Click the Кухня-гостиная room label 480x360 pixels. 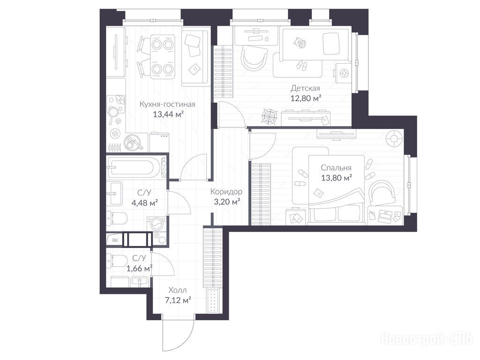(x=167, y=105)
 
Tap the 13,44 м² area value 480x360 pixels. (x=168, y=114)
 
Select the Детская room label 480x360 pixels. (x=305, y=89)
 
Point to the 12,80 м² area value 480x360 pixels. (x=306, y=98)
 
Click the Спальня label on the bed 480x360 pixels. (x=336, y=168)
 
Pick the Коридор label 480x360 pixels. (x=226, y=192)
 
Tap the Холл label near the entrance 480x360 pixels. (x=177, y=290)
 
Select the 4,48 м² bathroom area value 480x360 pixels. (x=144, y=202)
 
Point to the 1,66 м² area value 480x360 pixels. (x=140, y=269)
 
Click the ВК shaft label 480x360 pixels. (x=115, y=240)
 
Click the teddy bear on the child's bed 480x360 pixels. (x=300, y=43)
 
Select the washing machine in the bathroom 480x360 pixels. (x=157, y=225)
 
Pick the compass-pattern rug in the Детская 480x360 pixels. (x=270, y=117)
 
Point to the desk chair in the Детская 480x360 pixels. (x=254, y=58)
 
